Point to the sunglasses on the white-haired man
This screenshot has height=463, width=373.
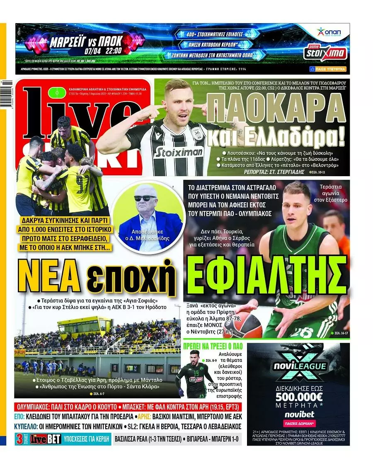145,198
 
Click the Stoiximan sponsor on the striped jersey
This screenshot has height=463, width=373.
179,152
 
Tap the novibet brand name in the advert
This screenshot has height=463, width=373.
298,415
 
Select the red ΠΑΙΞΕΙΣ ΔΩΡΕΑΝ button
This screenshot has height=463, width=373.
298,424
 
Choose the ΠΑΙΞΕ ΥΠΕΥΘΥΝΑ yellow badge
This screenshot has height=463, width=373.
327,69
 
